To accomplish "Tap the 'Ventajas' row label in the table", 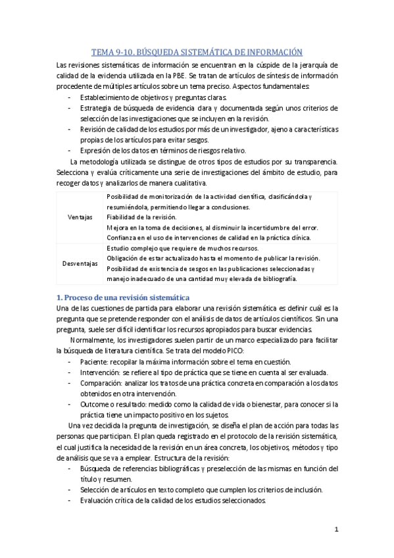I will [80, 216].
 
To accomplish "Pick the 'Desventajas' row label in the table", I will [80, 263].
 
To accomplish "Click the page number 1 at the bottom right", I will [336, 528].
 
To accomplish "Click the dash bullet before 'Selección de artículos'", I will [70, 490].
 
